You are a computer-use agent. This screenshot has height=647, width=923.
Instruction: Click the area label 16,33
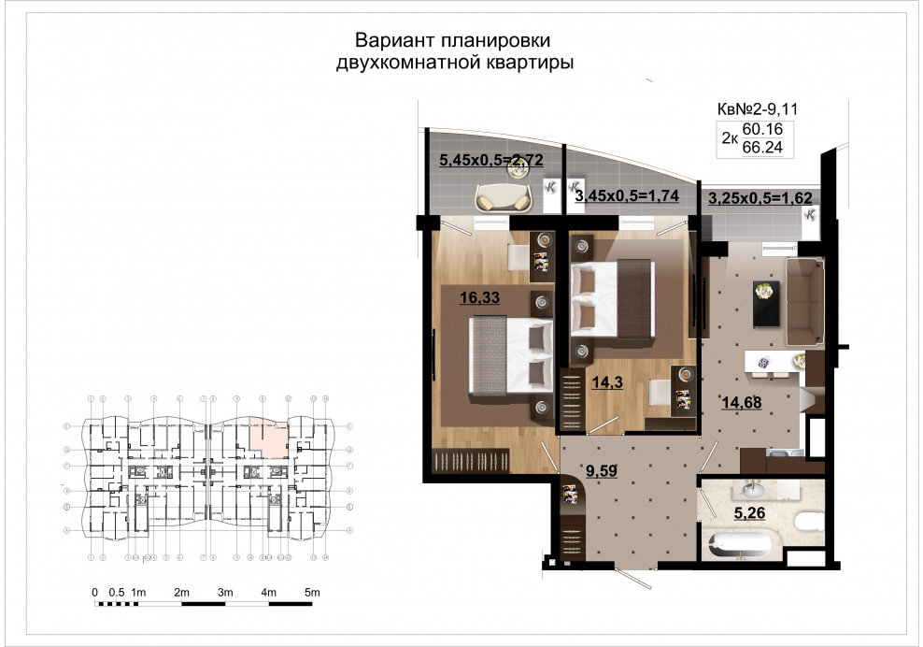pos(475,298)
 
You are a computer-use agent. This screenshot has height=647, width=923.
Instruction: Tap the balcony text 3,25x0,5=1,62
pos(760,199)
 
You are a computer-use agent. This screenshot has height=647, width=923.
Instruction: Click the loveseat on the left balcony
pos(504,197)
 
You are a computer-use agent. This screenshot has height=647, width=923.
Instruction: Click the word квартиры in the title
pos(526,65)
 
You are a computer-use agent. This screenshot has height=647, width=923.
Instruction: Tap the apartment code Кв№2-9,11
pos(757,110)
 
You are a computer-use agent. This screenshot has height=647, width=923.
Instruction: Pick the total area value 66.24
pos(761,147)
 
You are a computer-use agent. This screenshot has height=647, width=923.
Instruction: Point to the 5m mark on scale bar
pos(312,594)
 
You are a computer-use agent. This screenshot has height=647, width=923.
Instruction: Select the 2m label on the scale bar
pos(181,594)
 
